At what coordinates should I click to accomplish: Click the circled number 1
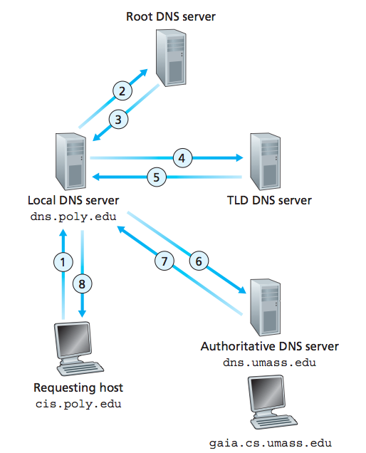pos(63,262)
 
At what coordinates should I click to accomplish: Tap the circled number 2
pos(122,90)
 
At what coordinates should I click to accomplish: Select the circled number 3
pos(118,120)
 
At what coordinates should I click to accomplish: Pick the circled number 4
pos(182,158)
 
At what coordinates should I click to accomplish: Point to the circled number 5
pos(157,177)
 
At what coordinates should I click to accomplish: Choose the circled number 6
pos(199,261)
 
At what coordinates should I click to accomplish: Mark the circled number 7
pos(164,261)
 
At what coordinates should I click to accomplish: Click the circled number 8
pos(82,283)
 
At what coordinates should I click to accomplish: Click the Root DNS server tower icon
pos(171,58)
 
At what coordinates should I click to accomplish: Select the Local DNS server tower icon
pos(70,162)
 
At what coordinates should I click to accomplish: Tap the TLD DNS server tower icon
pos(265,162)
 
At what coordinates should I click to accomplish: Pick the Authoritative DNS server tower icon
pos(265,308)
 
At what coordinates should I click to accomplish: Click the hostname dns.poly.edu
pos(73,217)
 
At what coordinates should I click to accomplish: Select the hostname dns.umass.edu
pos(269,363)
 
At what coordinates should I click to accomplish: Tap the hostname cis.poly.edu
pos(78,404)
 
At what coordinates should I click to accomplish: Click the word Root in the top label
pos(140,16)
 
